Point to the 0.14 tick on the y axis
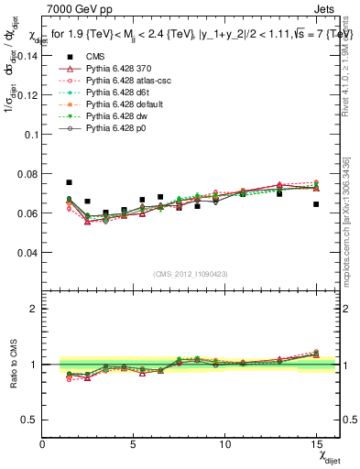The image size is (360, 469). (27, 55)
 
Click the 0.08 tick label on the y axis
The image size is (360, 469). (27, 173)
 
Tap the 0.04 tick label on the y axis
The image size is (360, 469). (27, 252)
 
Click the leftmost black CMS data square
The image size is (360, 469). (69, 182)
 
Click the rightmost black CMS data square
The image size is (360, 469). (316, 204)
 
